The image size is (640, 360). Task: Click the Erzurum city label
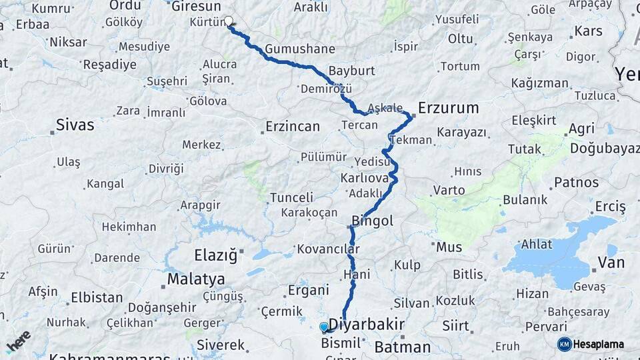[449, 107]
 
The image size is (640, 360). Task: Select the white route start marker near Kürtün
[229, 21]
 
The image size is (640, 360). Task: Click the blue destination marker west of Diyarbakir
[324, 327]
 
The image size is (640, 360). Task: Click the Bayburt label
[352, 71]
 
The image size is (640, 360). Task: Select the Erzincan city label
[293, 126]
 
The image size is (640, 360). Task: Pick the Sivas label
[75, 125]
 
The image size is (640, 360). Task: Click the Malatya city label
[196, 279]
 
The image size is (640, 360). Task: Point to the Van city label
[611, 263]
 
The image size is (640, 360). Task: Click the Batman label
[402, 347]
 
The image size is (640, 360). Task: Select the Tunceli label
[291, 197]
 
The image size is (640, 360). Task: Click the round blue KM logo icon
[564, 344]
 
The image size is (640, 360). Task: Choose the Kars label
[588, 31]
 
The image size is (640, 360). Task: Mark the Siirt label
[456, 325]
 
